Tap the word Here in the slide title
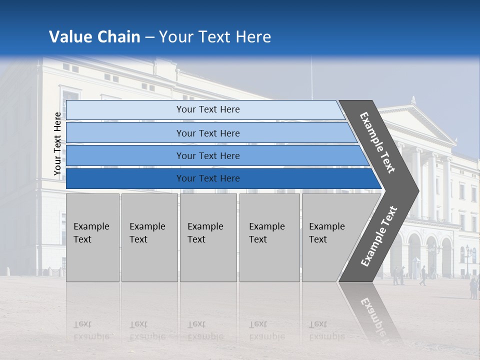coord(253,37)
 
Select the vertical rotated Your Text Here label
coord(57,144)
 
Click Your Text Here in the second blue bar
coord(208,133)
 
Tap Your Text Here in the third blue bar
coord(208,156)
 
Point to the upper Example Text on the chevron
coord(377,142)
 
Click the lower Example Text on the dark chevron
coord(378,236)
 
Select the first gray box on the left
coord(92,237)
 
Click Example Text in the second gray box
coord(147,233)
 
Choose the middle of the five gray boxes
coord(208,237)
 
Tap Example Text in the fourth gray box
coord(267,233)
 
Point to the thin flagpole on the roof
coord(311,77)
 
